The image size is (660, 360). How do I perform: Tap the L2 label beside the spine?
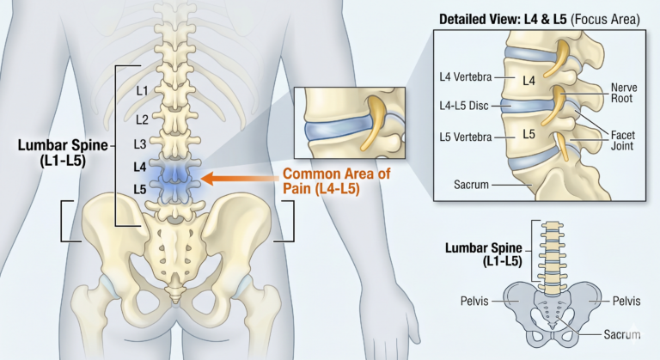click(143, 119)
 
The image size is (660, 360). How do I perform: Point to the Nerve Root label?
click(621, 93)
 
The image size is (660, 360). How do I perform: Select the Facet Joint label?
click(623, 140)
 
